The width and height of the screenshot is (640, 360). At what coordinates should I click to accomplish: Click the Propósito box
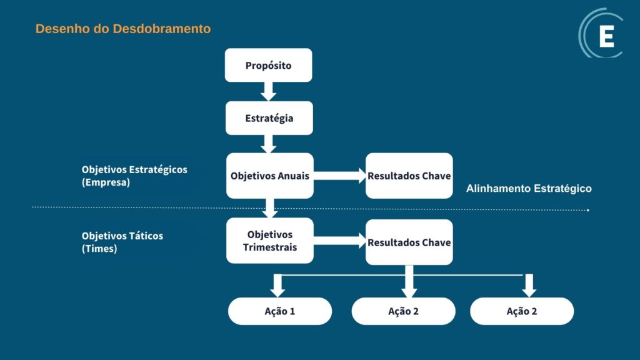coord(268,65)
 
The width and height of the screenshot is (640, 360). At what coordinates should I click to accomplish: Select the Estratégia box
coord(269,117)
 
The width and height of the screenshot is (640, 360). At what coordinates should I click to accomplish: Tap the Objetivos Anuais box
coord(269,176)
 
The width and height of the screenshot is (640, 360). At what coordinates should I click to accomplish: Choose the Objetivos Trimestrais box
coord(269,241)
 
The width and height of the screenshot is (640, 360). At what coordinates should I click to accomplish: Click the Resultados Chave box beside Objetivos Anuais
coord(409,176)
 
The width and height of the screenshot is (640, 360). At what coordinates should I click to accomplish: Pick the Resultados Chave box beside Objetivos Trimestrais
coord(409,242)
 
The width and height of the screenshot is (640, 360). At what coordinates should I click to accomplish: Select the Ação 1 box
coord(279,311)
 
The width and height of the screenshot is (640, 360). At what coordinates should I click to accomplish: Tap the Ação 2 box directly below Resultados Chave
coord(403,311)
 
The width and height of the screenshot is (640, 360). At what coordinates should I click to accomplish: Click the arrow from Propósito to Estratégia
coord(269,91)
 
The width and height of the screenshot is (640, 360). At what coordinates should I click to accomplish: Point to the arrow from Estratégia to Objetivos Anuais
coord(269,144)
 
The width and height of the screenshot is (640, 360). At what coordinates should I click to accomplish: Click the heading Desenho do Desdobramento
coord(123,29)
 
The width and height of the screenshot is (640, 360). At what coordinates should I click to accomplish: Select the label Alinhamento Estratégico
coord(529,188)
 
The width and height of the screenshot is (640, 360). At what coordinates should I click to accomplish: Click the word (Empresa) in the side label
coord(106,183)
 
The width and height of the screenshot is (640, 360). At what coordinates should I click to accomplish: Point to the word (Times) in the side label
coord(99,248)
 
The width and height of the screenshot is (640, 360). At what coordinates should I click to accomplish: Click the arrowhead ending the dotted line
coord(587,210)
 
